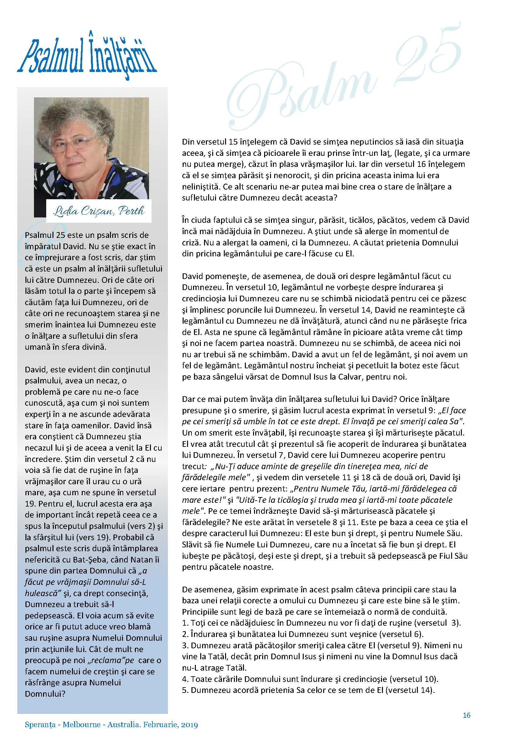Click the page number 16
pos(467,715)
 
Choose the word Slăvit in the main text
pos(192,545)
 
